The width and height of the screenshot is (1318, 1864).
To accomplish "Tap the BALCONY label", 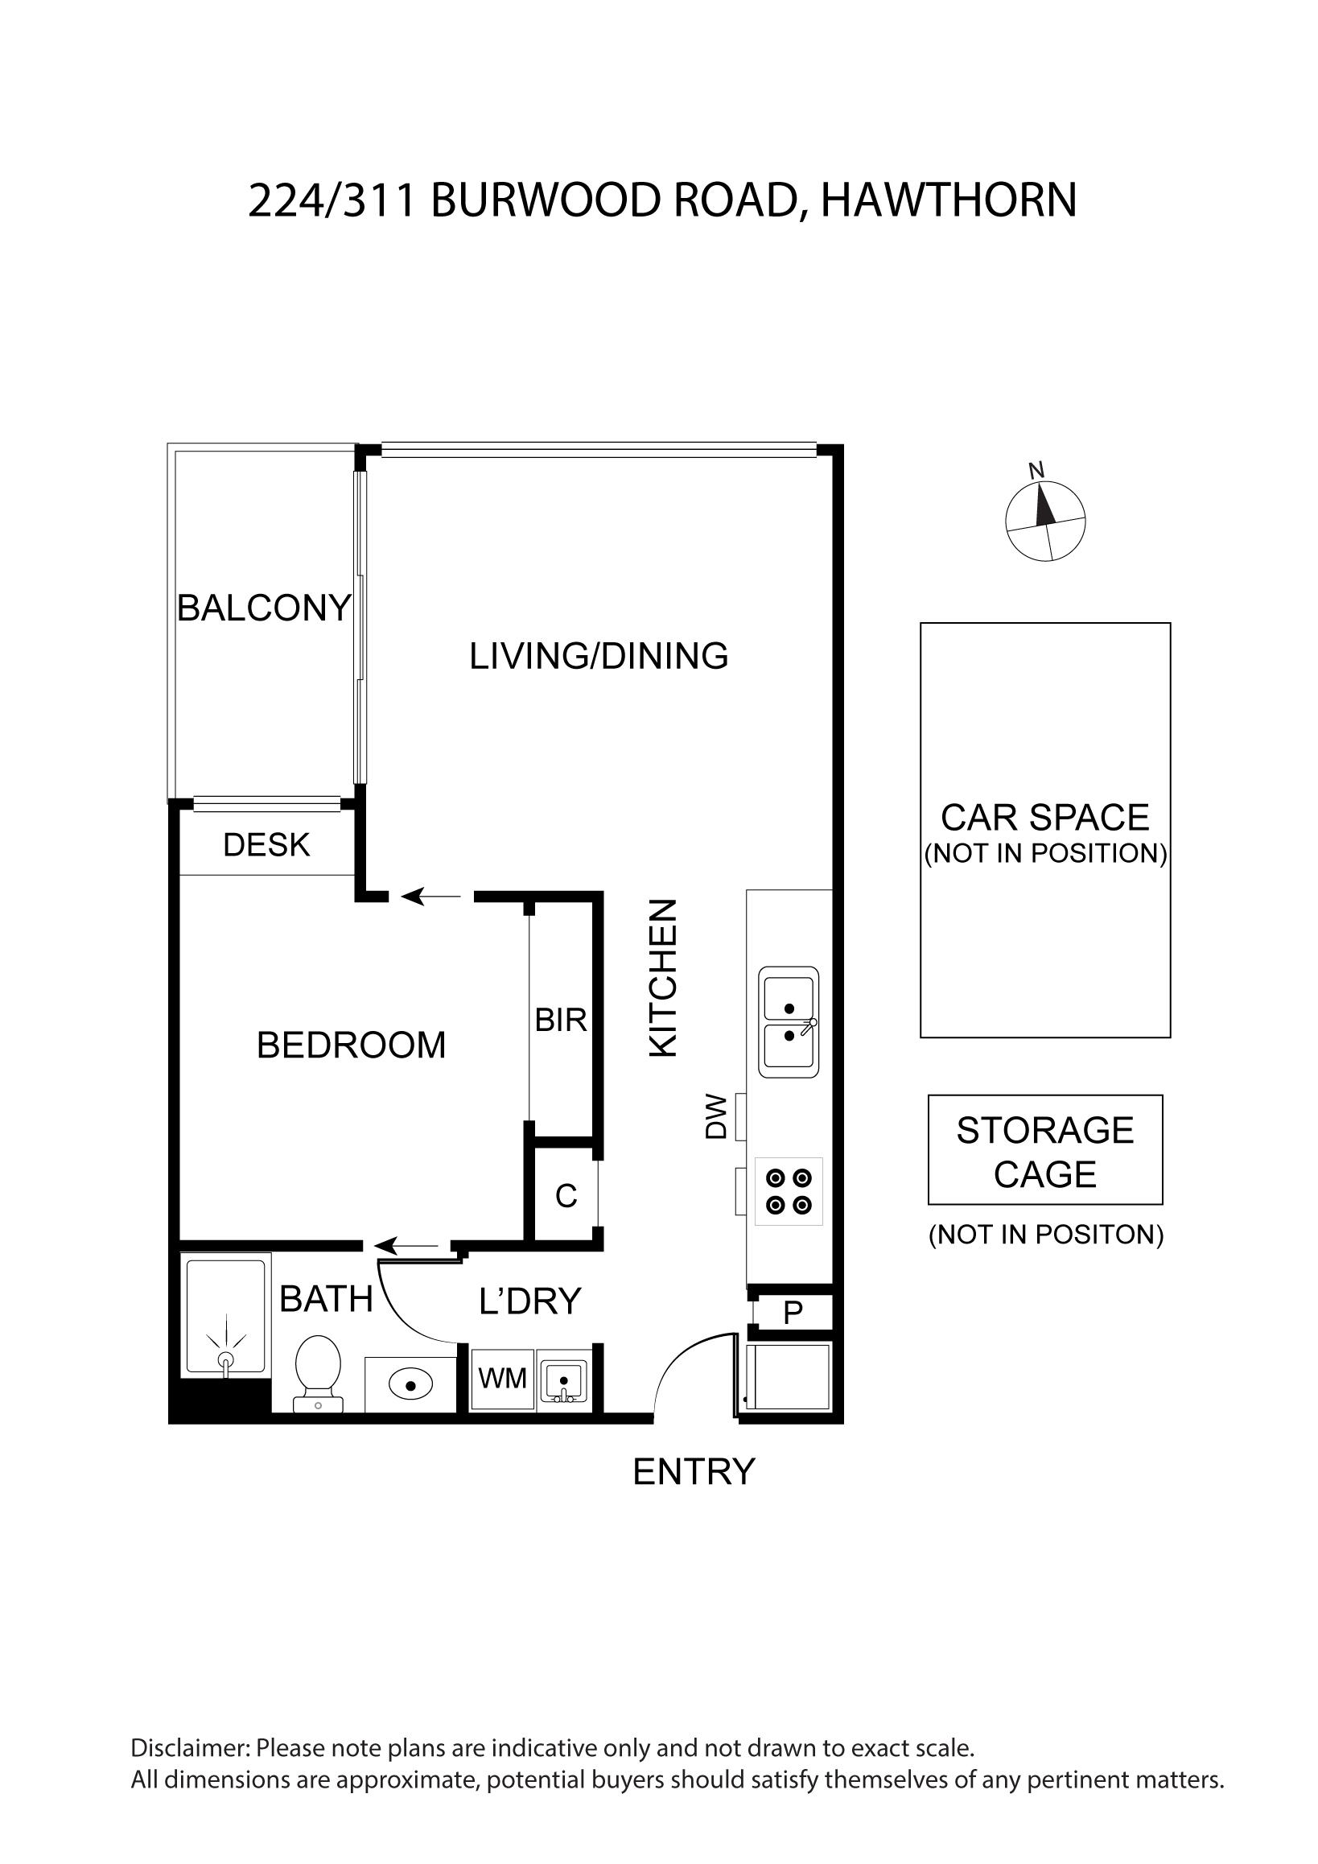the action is [x=264, y=608].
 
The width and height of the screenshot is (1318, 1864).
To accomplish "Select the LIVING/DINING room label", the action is [x=599, y=656].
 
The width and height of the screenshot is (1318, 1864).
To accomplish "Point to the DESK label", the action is [x=266, y=845].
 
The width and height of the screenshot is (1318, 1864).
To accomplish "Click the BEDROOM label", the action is [x=352, y=1045].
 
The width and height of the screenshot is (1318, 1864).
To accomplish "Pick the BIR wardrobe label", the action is [x=561, y=1020].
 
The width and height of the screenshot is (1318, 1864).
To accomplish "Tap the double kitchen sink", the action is [x=789, y=1022].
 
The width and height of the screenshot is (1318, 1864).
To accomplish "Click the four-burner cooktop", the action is [x=789, y=1191].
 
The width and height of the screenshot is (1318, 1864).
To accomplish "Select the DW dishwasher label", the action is [x=716, y=1116].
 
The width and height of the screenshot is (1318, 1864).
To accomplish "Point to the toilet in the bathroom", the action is [x=318, y=1374].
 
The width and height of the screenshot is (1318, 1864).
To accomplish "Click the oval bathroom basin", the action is [x=410, y=1385].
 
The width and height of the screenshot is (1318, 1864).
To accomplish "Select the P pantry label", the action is [x=793, y=1313].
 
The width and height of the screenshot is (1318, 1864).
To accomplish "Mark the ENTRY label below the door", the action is [x=694, y=1472].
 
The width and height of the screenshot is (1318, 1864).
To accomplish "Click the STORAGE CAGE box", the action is [x=1045, y=1149].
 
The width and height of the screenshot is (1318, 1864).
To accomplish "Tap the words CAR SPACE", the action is [x=1045, y=818].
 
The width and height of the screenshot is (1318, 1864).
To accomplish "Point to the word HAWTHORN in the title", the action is [x=949, y=200].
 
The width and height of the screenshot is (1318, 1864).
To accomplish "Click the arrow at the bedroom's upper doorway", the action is [x=432, y=897].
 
